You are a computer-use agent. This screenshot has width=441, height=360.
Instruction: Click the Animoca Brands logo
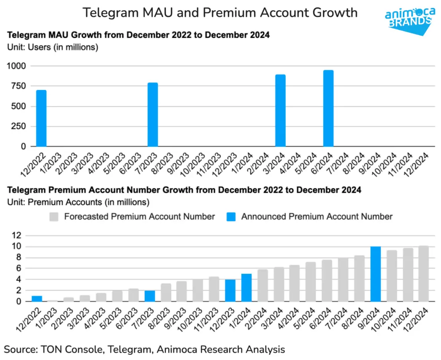click(x=409, y=18)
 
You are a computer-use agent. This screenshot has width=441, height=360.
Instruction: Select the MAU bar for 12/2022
click(x=41, y=118)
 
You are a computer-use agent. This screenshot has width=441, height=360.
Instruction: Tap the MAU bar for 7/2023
click(x=153, y=115)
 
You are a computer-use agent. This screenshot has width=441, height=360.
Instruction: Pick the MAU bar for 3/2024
click(x=281, y=111)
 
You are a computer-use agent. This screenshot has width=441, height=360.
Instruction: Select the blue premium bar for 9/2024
click(x=376, y=274)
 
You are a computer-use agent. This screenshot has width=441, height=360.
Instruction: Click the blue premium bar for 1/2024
click(x=246, y=288)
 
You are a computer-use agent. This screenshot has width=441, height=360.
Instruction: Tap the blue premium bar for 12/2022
click(x=37, y=298)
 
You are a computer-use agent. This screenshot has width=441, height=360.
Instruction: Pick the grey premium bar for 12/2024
click(x=423, y=274)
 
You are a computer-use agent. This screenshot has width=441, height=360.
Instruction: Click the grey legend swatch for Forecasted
click(x=54, y=217)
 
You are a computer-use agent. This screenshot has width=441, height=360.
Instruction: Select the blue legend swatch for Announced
click(x=232, y=217)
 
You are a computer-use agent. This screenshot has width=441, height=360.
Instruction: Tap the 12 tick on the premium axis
click(x=16, y=235)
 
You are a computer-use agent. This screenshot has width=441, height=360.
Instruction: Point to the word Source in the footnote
click(x=20, y=349)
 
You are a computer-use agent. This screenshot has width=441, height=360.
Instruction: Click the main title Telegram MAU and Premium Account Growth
click(x=220, y=13)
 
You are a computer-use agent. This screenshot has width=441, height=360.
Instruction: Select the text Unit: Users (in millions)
click(x=53, y=47)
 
